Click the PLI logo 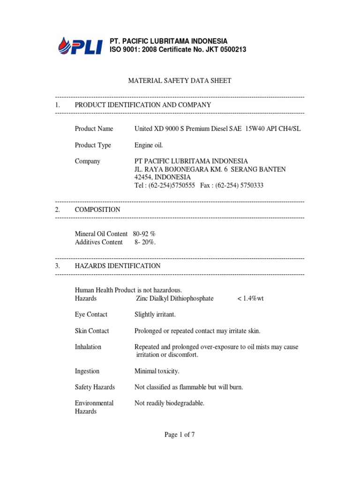pyautogui.click(x=80, y=45)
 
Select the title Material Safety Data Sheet pyautogui.click(x=180, y=81)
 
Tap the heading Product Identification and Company pyautogui.click(x=142, y=105)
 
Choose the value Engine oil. pyautogui.click(x=149, y=145)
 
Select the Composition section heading pyautogui.click(x=97, y=210)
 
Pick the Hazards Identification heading pyautogui.click(x=118, y=266)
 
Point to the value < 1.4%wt pyautogui.click(x=251, y=298)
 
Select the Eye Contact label pyautogui.click(x=91, y=315)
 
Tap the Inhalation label pyautogui.click(x=88, y=347)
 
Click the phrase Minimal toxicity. pyautogui.click(x=157, y=371)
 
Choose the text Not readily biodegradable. pyautogui.click(x=169, y=403)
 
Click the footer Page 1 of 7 pyautogui.click(x=180, y=435)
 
